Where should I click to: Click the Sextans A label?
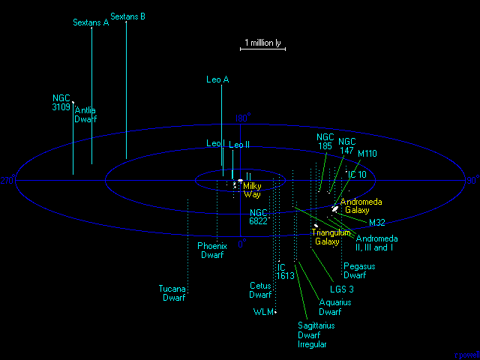point(91,22)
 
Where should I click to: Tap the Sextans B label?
point(127,16)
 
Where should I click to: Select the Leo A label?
point(217,79)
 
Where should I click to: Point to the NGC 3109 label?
point(61,103)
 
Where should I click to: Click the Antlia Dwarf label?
point(85,115)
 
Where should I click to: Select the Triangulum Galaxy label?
point(331,237)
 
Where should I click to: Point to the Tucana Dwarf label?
point(172,293)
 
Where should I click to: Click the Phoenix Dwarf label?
point(211,250)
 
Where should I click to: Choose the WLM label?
point(263,311)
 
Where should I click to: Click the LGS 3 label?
point(341,289)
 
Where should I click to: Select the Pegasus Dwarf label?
point(359,271)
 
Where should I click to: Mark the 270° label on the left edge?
point(7,181)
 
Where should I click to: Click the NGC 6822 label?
point(259,217)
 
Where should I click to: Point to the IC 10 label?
point(356,175)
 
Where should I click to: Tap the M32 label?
point(377,223)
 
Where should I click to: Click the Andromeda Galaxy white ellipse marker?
point(334,208)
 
